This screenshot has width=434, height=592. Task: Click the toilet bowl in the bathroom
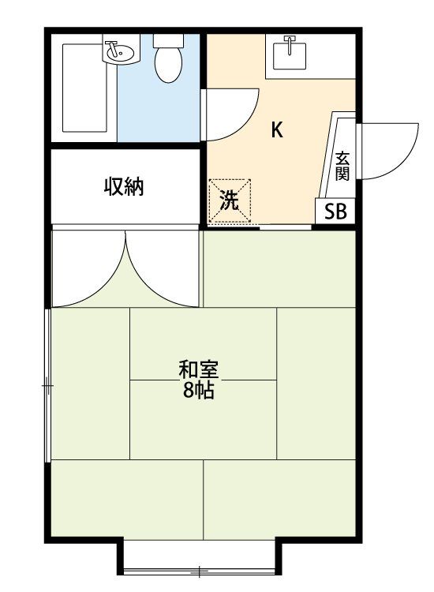point(168,65)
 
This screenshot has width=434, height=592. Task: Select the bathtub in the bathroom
point(84,88)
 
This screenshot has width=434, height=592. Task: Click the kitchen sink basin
point(290,56)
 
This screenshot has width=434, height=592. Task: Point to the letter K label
point(277,130)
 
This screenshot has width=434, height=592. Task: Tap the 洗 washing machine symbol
point(230,200)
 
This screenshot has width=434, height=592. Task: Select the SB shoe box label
point(335,212)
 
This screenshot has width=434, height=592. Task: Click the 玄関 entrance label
point(342,166)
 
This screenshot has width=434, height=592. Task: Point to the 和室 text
point(199,369)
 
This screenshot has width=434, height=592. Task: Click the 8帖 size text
point(199,391)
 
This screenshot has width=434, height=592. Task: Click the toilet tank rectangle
point(168,40)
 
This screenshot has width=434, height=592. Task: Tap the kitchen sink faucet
point(290,44)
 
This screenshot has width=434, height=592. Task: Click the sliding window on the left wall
point(48,385)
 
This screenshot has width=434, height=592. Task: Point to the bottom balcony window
point(200,571)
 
